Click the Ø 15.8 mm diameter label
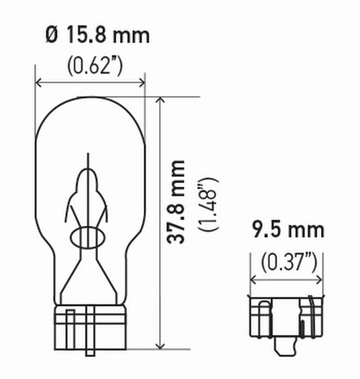point(93,36)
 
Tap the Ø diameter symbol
point(51,36)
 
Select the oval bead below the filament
point(90,239)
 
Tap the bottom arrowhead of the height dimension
point(159,363)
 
